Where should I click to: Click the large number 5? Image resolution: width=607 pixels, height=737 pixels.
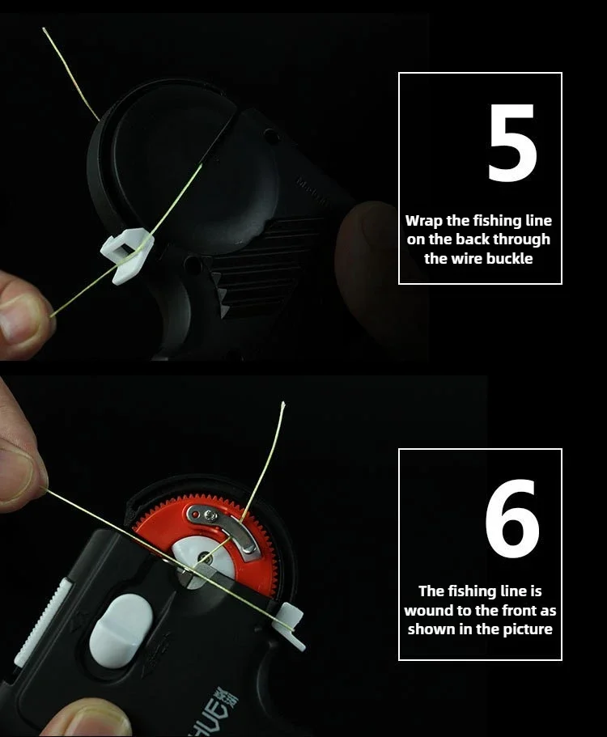tap(512, 142)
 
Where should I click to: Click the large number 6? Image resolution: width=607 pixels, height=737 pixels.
tap(512, 519)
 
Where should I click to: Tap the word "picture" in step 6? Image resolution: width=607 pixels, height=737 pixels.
tap(528, 630)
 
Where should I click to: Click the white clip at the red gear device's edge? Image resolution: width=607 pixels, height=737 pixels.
tap(291, 626)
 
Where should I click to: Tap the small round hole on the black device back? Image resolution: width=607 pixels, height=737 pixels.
tap(272, 136)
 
